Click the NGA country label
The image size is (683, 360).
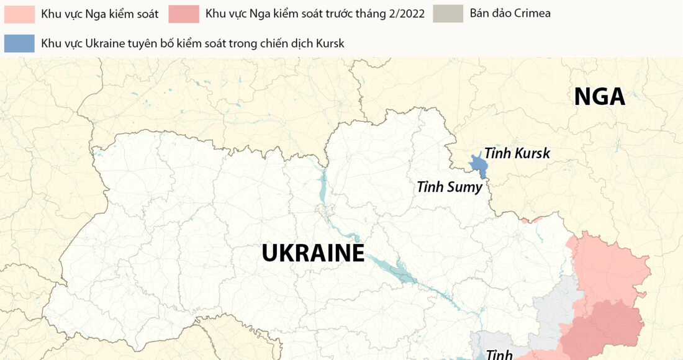click(599, 97)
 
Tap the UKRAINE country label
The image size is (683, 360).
click(312, 253)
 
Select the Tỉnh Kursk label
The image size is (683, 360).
click(517, 153)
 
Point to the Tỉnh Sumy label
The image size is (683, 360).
click(449, 186)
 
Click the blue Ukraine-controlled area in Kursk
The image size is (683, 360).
click(477, 165)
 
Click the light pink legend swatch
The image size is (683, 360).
click(19, 14)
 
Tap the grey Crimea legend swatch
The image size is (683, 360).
click(448, 14)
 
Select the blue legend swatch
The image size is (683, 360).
click(19, 43)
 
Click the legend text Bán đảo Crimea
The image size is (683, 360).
click(510, 14)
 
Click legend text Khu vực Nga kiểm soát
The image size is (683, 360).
click(99, 14)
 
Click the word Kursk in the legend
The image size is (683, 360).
click(329, 43)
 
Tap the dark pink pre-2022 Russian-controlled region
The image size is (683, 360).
click(605, 326)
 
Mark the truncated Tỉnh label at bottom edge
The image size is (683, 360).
click(499, 354)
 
